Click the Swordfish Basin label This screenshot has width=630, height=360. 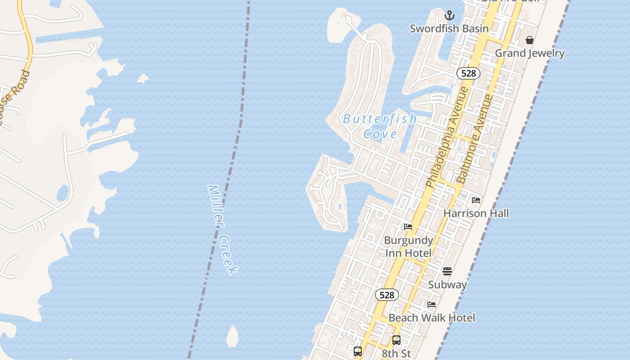tap(449, 29)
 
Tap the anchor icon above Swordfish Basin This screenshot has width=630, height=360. tap(449, 16)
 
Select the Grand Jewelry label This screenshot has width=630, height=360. tap(530, 53)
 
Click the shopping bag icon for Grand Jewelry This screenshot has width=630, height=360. tap(530, 40)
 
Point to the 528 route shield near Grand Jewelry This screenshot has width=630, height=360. tap(468, 73)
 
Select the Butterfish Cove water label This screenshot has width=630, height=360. tap(380, 126)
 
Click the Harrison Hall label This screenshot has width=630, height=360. tap(476, 213)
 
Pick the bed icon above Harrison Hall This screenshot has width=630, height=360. tap(476, 200)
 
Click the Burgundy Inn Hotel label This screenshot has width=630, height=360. tap(408, 247)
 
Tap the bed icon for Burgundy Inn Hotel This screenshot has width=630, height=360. tap(408, 227)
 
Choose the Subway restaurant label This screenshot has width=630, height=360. tap(447, 284)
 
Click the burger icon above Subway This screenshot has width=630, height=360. tap(447, 271)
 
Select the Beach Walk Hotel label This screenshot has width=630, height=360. tap(432, 318)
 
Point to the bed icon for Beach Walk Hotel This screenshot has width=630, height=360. tap(432, 305)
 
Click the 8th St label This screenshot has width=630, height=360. tap(396, 353)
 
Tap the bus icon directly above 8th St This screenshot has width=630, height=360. tap(396, 340)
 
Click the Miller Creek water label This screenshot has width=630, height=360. tap(222, 229)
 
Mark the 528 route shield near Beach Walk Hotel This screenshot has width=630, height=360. tap(387, 295)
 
